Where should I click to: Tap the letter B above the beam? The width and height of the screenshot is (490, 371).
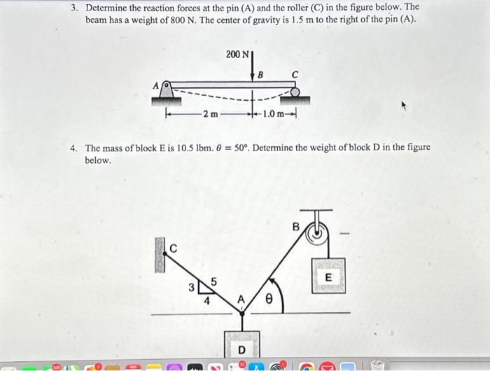point(260,74)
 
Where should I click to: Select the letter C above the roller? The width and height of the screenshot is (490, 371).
point(295,74)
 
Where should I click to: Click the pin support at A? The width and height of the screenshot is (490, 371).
point(167,90)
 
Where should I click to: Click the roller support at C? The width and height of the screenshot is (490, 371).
point(295,91)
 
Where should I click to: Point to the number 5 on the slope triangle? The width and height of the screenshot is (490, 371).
point(214,281)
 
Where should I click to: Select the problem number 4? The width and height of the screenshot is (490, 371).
point(73,148)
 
